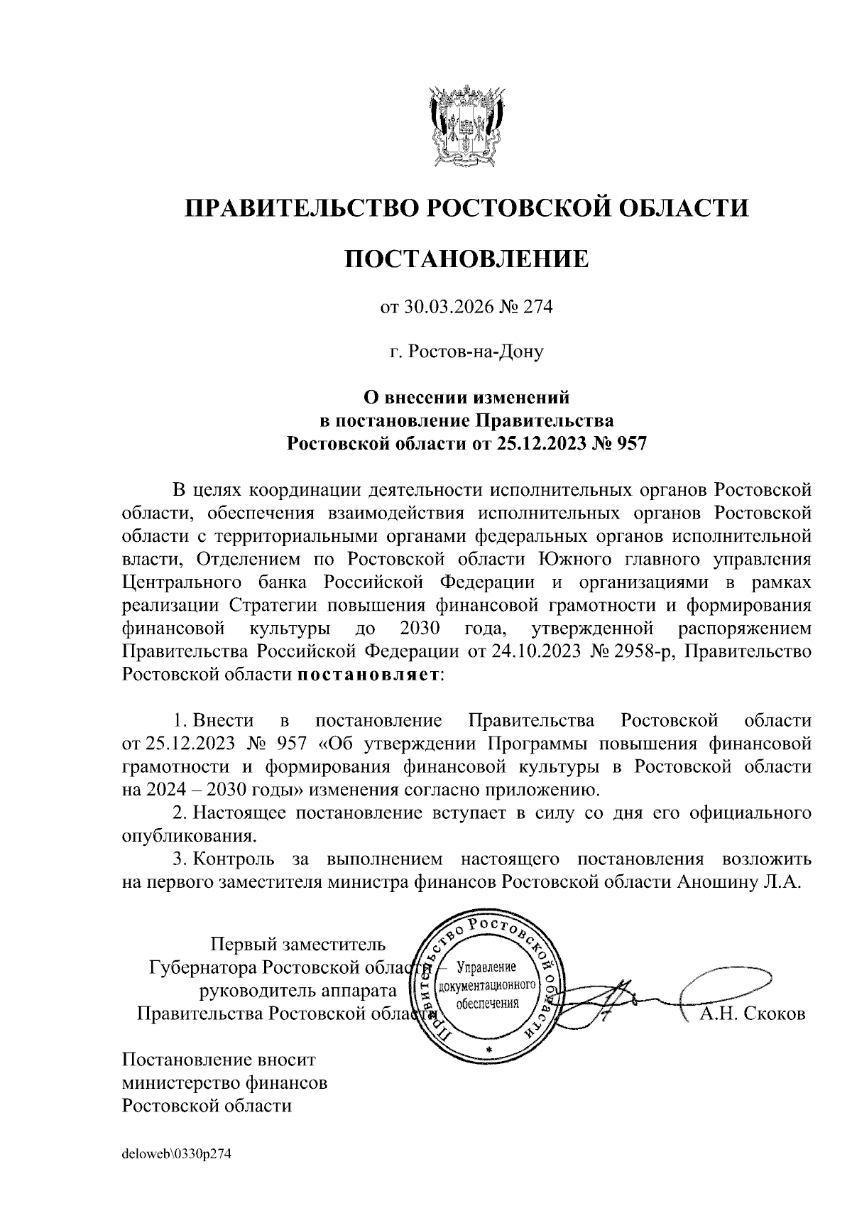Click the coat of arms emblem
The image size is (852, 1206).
466,126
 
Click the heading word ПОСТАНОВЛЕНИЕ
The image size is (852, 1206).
466,259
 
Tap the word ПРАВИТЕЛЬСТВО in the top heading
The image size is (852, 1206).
298,208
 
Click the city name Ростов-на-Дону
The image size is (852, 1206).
474,351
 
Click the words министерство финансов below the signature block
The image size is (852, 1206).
225,1083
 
